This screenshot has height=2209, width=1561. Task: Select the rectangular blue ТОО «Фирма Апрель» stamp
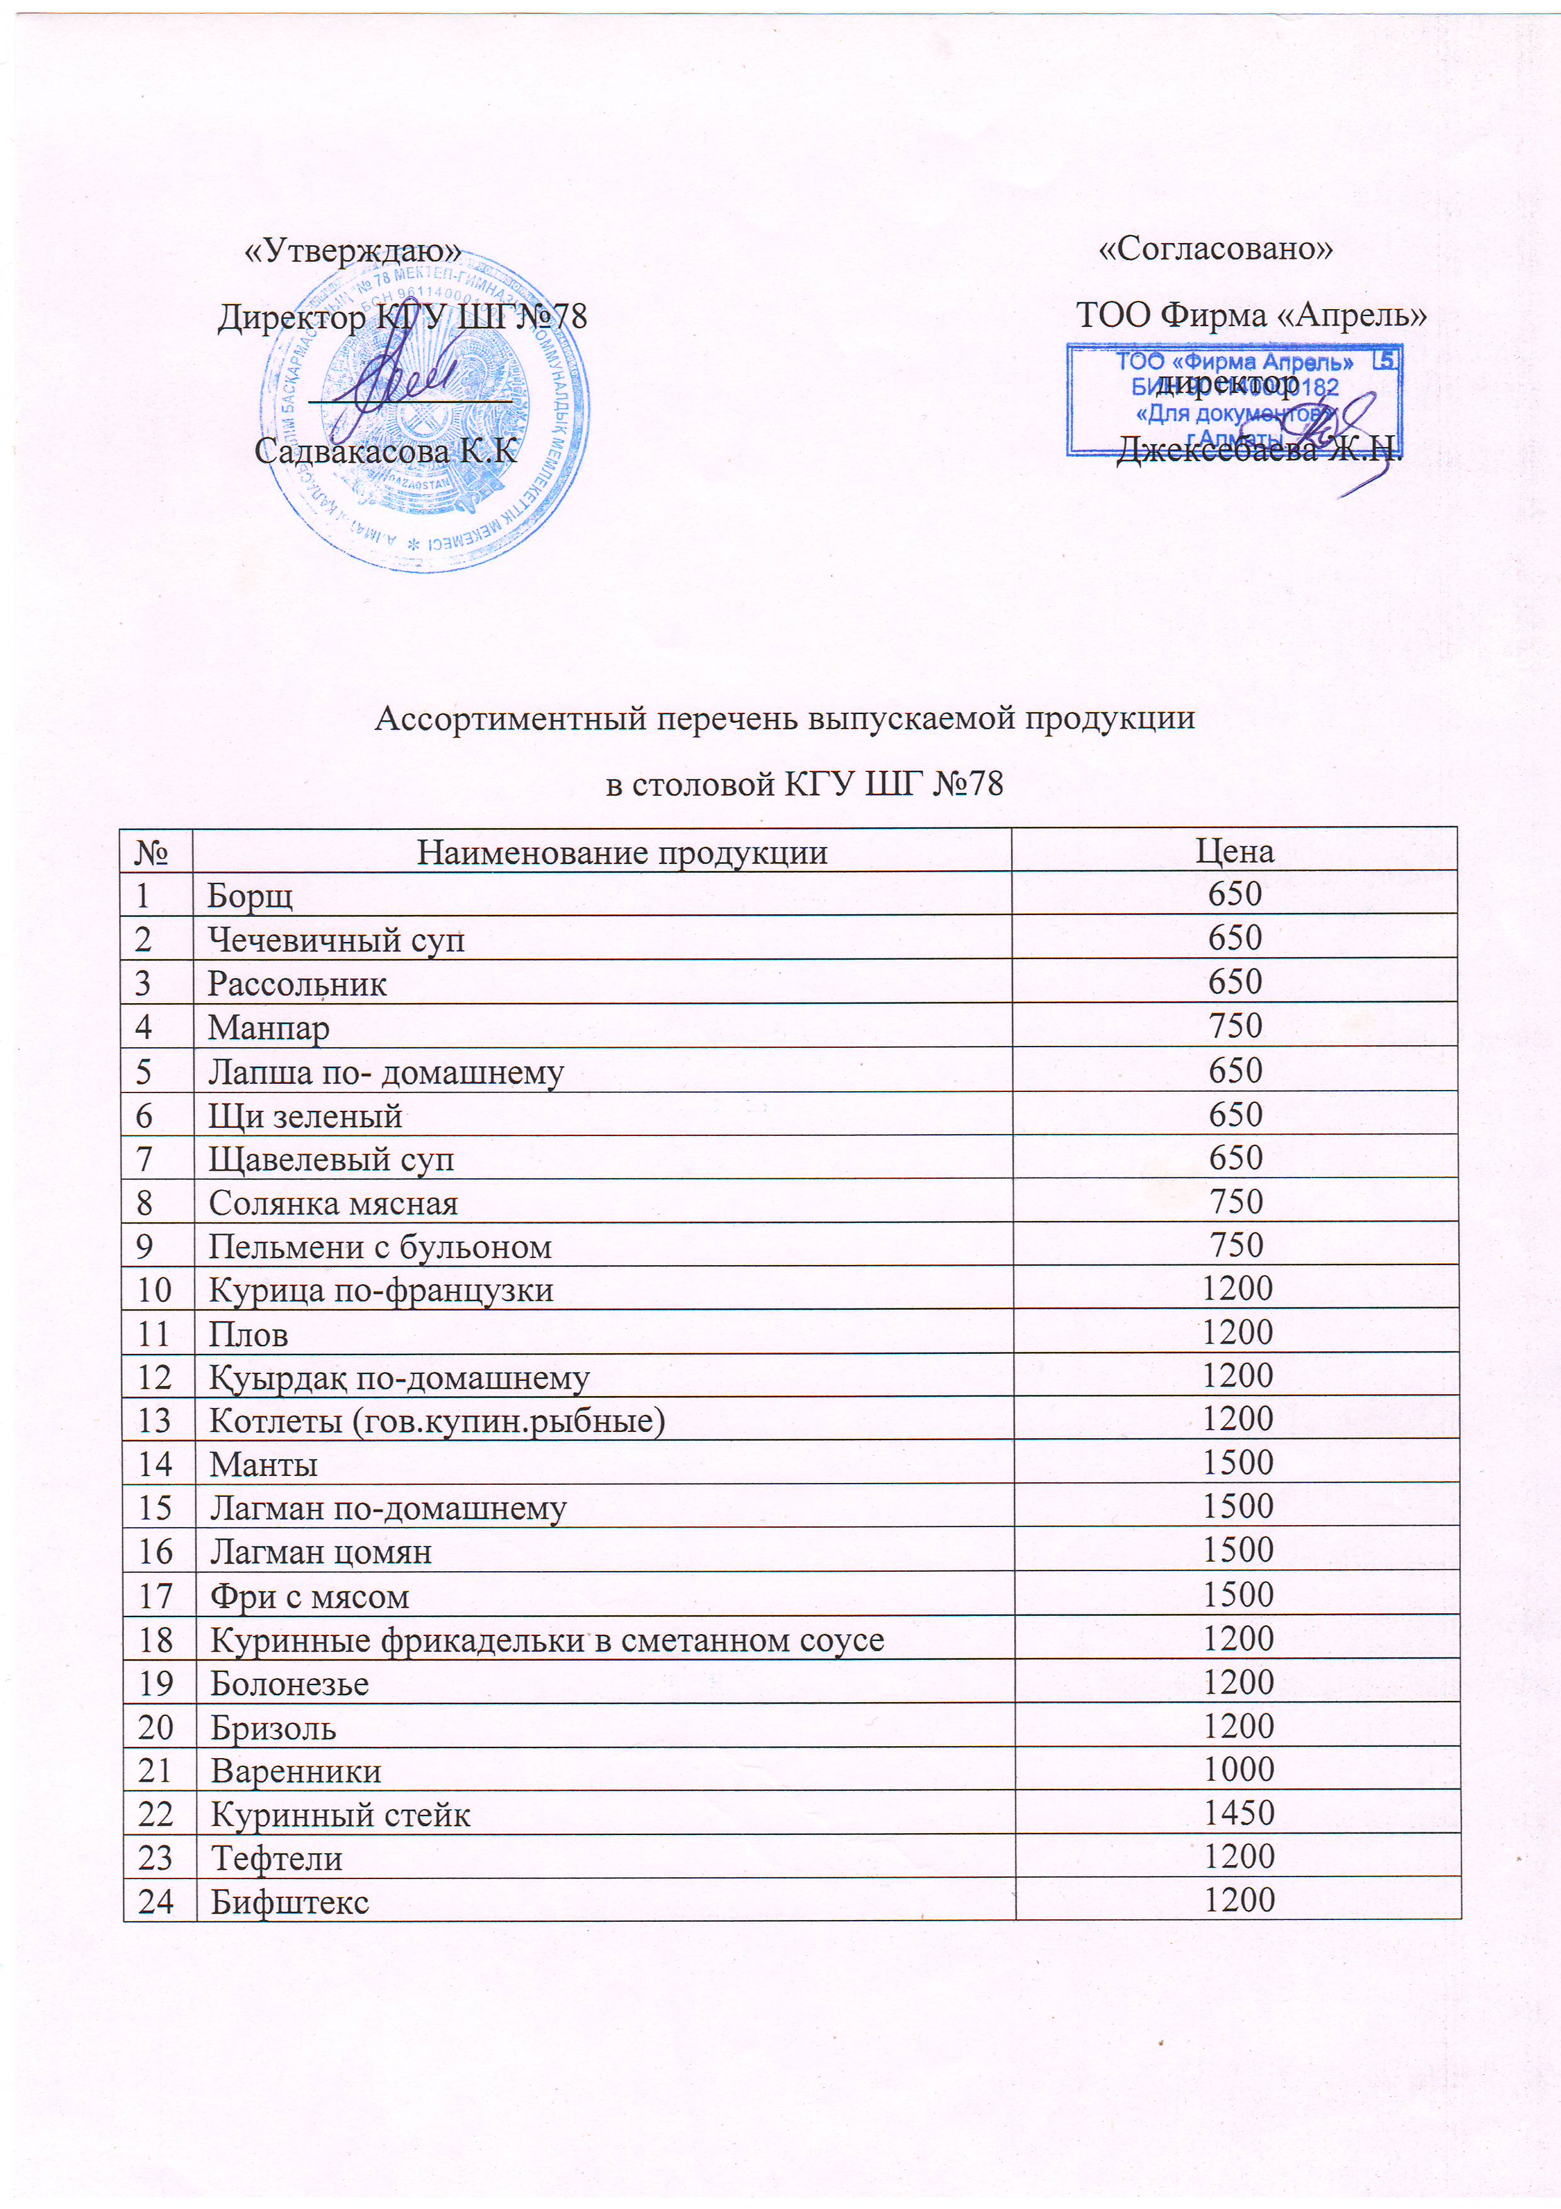pyautogui.click(x=1233, y=399)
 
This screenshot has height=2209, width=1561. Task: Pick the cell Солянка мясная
pyautogui.click(x=334, y=1203)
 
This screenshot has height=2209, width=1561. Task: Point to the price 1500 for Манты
pyautogui.click(x=1238, y=1463)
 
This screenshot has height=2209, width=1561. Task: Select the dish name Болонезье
pyautogui.click(x=290, y=1684)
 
